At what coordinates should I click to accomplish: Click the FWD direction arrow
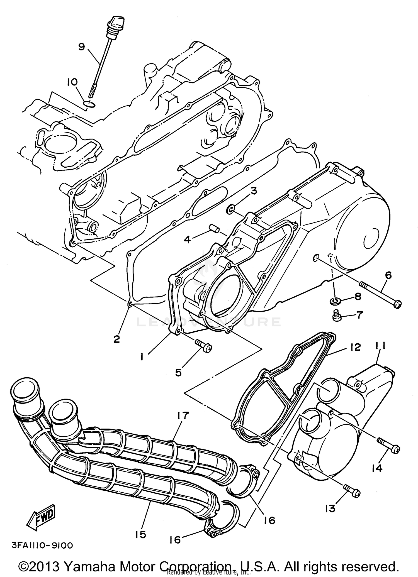click(x=43, y=517)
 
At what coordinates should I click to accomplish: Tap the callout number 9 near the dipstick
click(x=81, y=47)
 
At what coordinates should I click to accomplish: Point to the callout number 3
click(x=253, y=191)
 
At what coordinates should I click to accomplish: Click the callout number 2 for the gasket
click(x=116, y=339)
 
